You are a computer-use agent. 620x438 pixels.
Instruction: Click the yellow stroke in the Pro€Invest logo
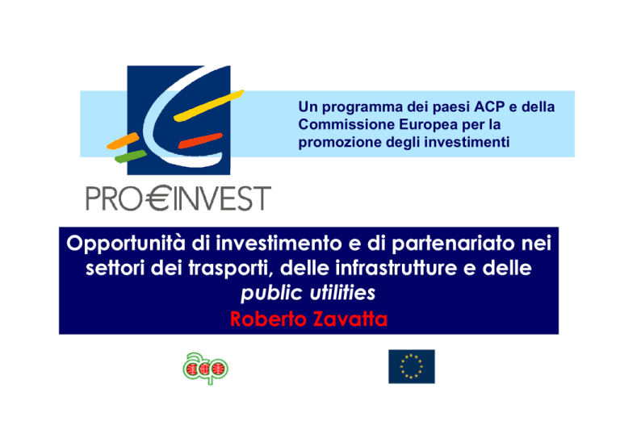209,106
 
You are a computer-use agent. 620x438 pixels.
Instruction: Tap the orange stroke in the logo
123,141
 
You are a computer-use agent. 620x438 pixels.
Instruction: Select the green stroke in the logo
131,156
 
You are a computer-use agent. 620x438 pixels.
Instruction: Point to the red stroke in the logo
200,140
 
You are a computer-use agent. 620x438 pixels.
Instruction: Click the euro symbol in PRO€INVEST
158,198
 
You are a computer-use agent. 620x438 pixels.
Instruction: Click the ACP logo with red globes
206,368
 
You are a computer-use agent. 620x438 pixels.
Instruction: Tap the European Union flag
412,366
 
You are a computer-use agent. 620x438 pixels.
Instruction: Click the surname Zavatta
350,319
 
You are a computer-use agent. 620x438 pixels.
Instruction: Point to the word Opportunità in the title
126,244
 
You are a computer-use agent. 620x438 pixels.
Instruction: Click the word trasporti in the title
231,269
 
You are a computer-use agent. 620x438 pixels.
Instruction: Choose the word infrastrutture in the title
396,268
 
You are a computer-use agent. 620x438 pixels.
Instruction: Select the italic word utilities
342,293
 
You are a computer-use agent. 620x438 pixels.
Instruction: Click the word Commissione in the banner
346,124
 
